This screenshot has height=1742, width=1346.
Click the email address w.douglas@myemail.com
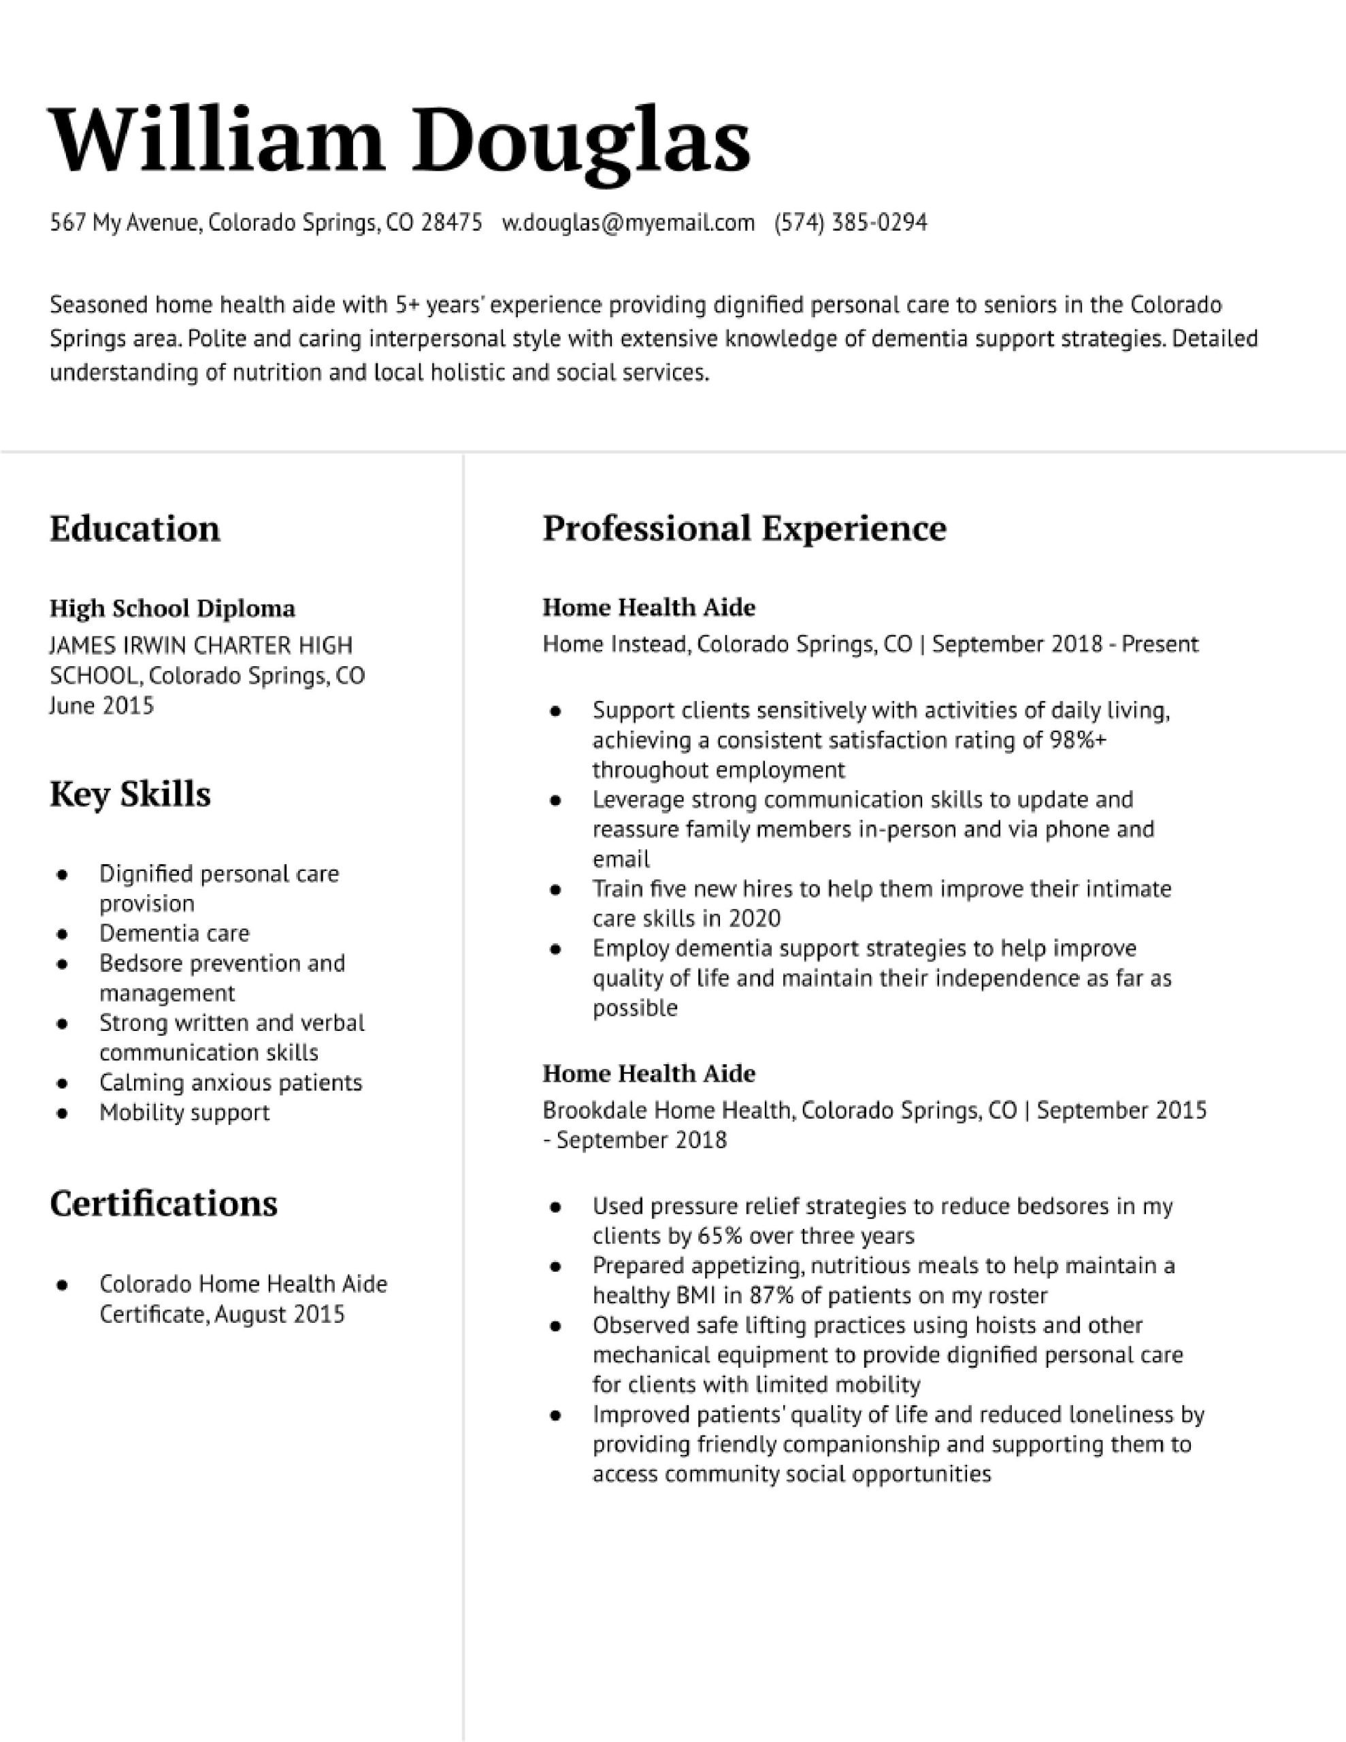pos(628,223)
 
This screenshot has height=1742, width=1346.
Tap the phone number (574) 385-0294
pos(851,223)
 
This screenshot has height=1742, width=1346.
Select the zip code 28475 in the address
pos(452,223)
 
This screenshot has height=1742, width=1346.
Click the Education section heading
pos(135,529)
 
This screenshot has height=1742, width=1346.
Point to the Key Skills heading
pos(130,794)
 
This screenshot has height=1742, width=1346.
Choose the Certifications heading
pos(163,1204)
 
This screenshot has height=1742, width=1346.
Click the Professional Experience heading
pos(744,528)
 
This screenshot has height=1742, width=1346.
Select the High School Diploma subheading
pos(172,608)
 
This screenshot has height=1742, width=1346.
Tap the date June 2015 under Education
pos(101,706)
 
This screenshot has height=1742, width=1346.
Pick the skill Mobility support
pos(184,1113)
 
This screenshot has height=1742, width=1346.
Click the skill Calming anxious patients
pos(231,1083)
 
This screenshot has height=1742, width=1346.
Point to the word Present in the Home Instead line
pos(1160,644)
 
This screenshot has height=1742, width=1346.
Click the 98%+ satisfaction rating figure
pos(1078,741)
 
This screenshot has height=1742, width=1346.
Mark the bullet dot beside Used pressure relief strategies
pos(555,1208)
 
